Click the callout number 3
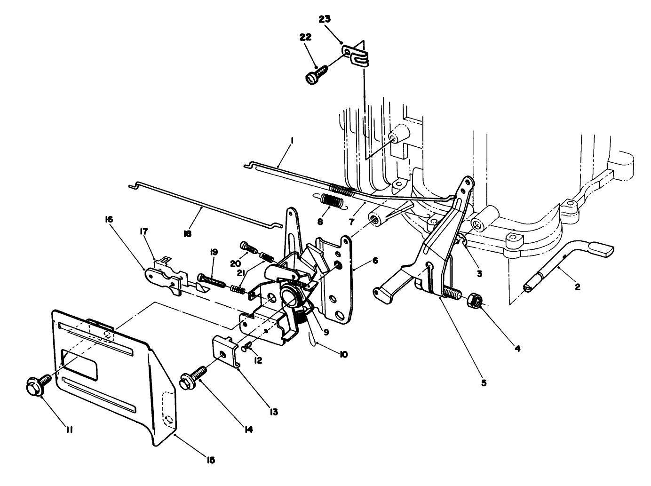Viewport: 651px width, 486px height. (x=478, y=272)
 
